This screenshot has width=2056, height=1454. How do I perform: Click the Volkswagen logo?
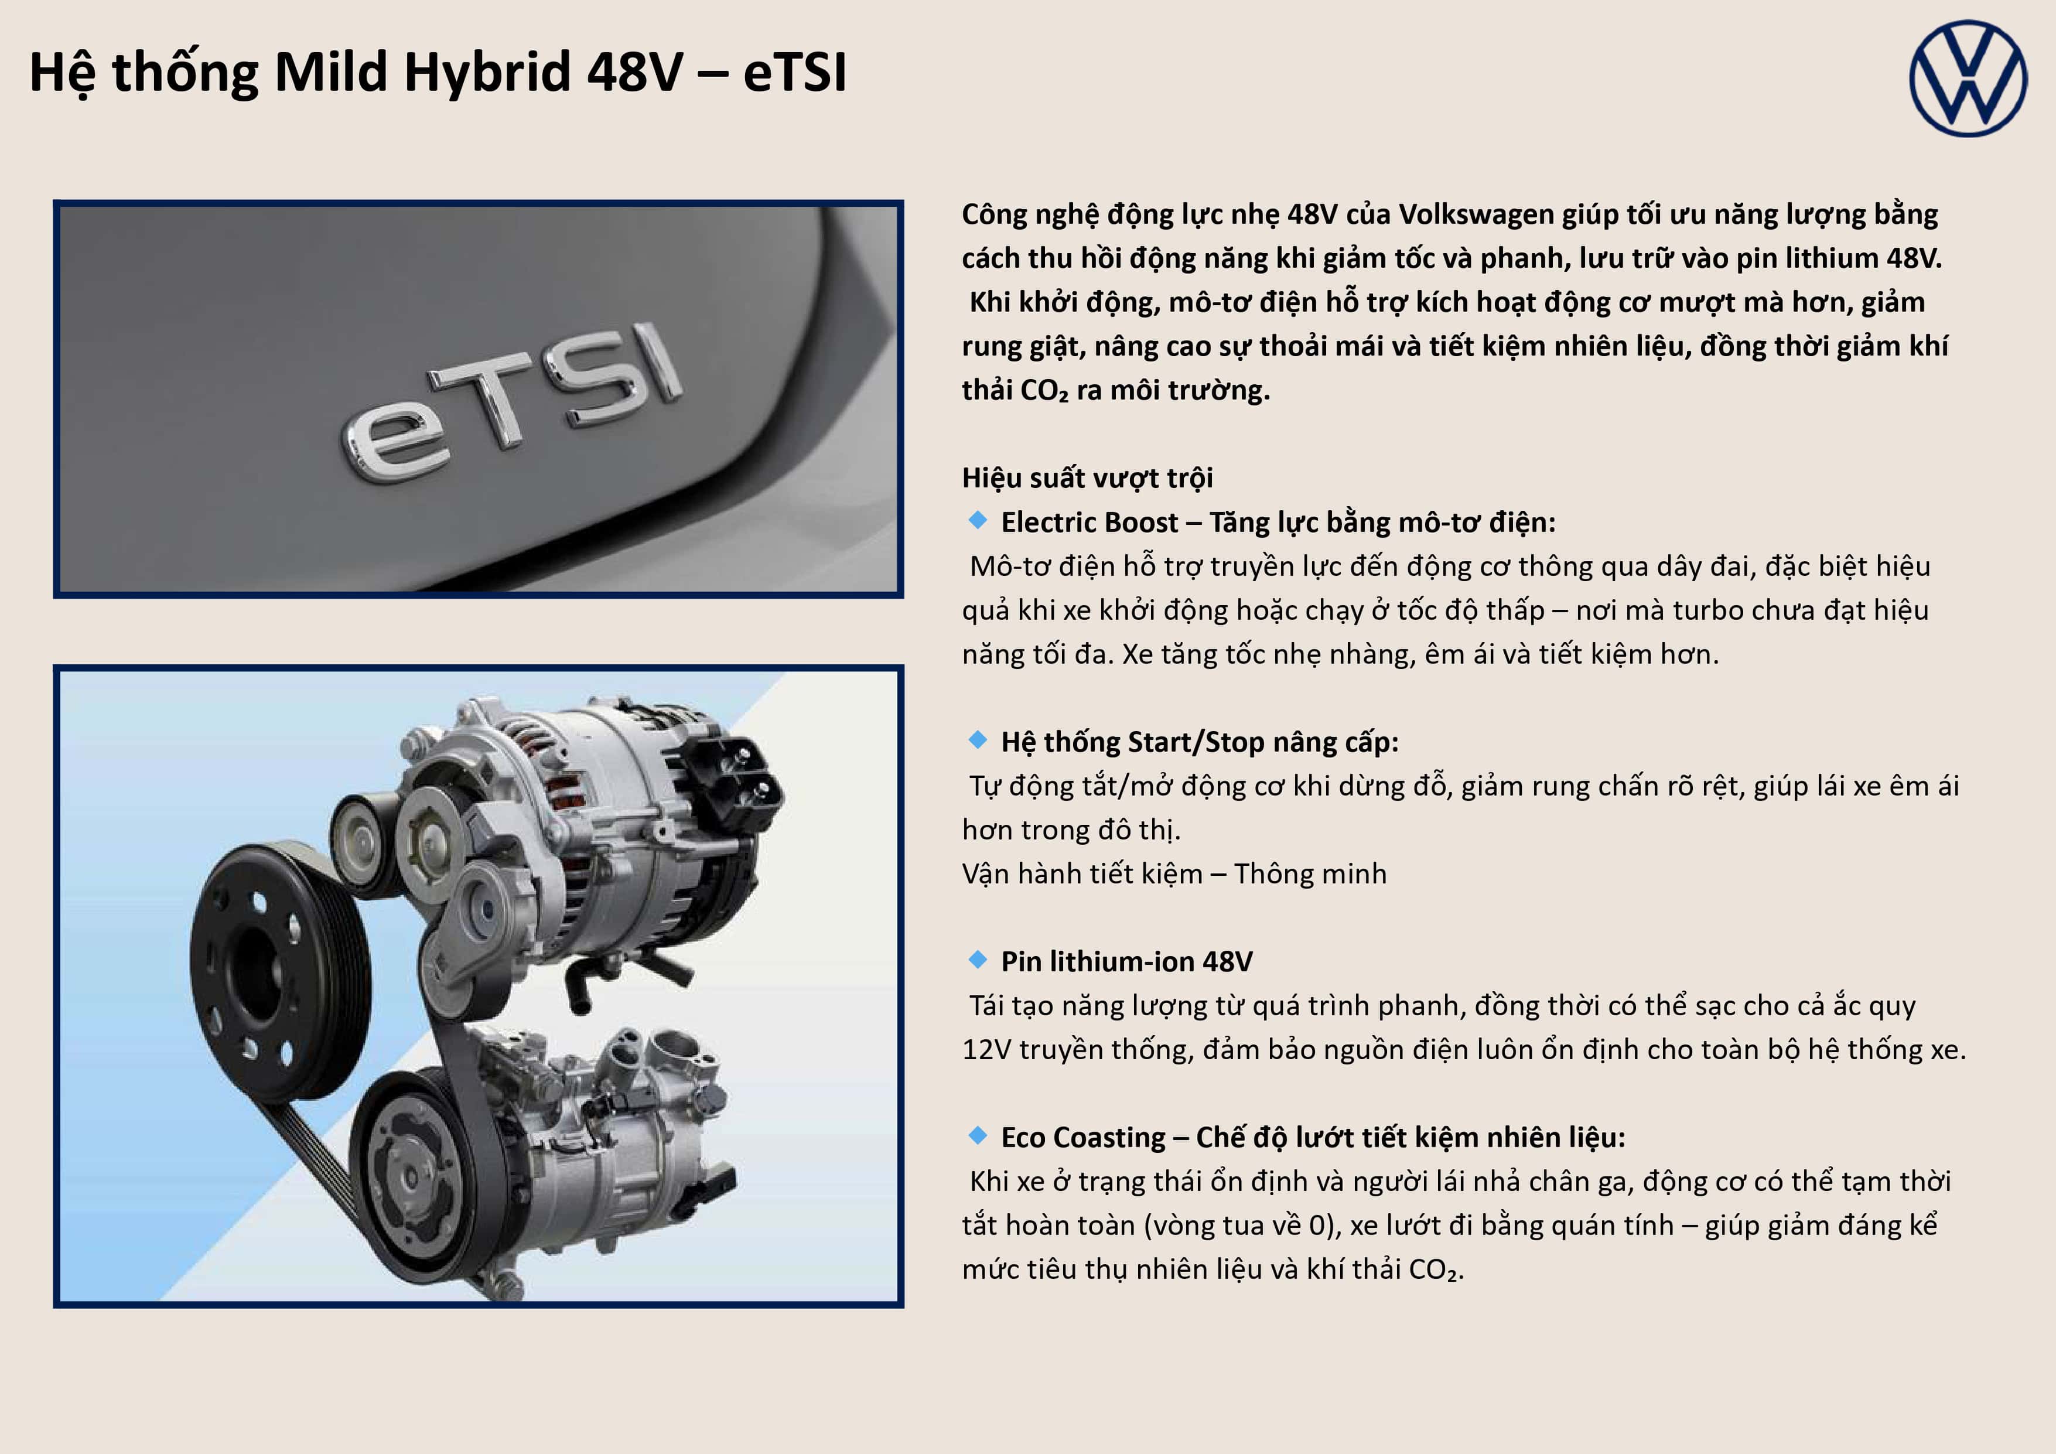[1968, 78]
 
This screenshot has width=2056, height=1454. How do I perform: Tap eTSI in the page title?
[794, 71]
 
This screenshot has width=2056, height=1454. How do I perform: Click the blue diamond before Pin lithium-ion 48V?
[977, 959]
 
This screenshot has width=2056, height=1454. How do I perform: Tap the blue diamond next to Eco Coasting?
[977, 1135]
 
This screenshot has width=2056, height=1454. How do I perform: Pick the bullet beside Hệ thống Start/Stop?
[977, 739]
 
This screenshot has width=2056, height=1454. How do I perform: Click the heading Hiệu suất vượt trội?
[1087, 478]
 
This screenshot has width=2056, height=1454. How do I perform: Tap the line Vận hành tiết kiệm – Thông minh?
[1174, 874]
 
